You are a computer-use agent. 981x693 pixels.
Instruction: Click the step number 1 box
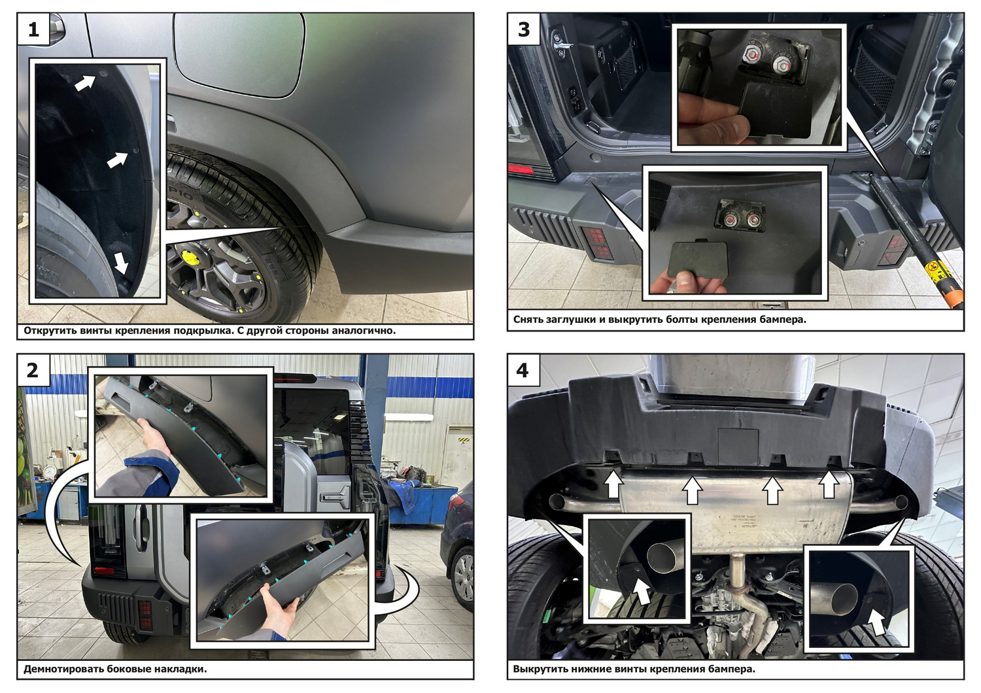click(x=33, y=29)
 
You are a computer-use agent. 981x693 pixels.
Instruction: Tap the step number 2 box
click(x=33, y=370)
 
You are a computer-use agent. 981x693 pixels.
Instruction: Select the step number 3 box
click(x=524, y=29)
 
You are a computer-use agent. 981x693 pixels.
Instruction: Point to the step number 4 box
click(x=524, y=370)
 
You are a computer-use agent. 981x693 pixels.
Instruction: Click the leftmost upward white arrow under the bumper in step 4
click(x=615, y=484)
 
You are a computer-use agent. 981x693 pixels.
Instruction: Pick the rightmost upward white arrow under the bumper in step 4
click(x=829, y=484)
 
